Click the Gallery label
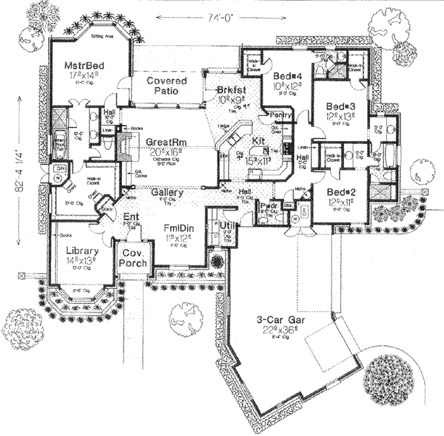click(x=167, y=191)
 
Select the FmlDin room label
click(x=178, y=230)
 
